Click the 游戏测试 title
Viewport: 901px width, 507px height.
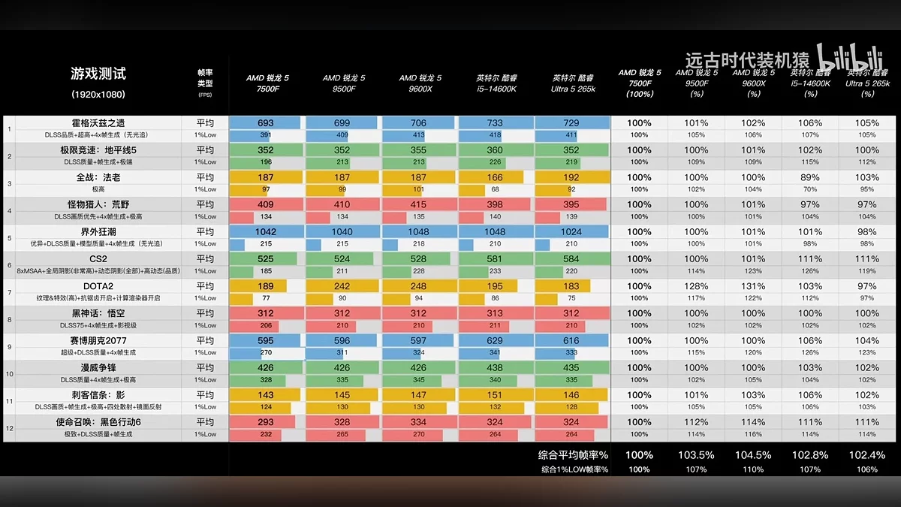tap(98, 74)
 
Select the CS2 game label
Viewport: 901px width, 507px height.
tap(98, 258)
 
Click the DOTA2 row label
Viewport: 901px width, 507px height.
tap(98, 286)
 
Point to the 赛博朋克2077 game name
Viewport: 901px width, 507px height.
tap(98, 340)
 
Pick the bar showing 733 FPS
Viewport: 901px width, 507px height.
tap(495, 122)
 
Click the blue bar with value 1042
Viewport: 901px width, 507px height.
tap(266, 231)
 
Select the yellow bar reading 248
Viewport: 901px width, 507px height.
tap(418, 286)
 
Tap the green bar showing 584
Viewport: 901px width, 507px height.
tap(571, 258)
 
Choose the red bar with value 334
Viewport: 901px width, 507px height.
tap(418, 421)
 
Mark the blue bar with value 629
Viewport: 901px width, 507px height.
tap(495, 340)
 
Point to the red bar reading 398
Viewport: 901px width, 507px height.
tap(495, 204)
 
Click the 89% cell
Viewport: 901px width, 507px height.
tap(810, 177)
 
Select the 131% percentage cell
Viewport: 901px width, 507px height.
tap(753, 286)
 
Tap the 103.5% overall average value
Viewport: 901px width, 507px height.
tap(696, 455)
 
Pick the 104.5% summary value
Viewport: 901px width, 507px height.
tap(753, 455)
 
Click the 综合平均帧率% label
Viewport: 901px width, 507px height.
tap(573, 455)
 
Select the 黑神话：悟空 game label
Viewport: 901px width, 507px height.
tap(98, 313)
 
